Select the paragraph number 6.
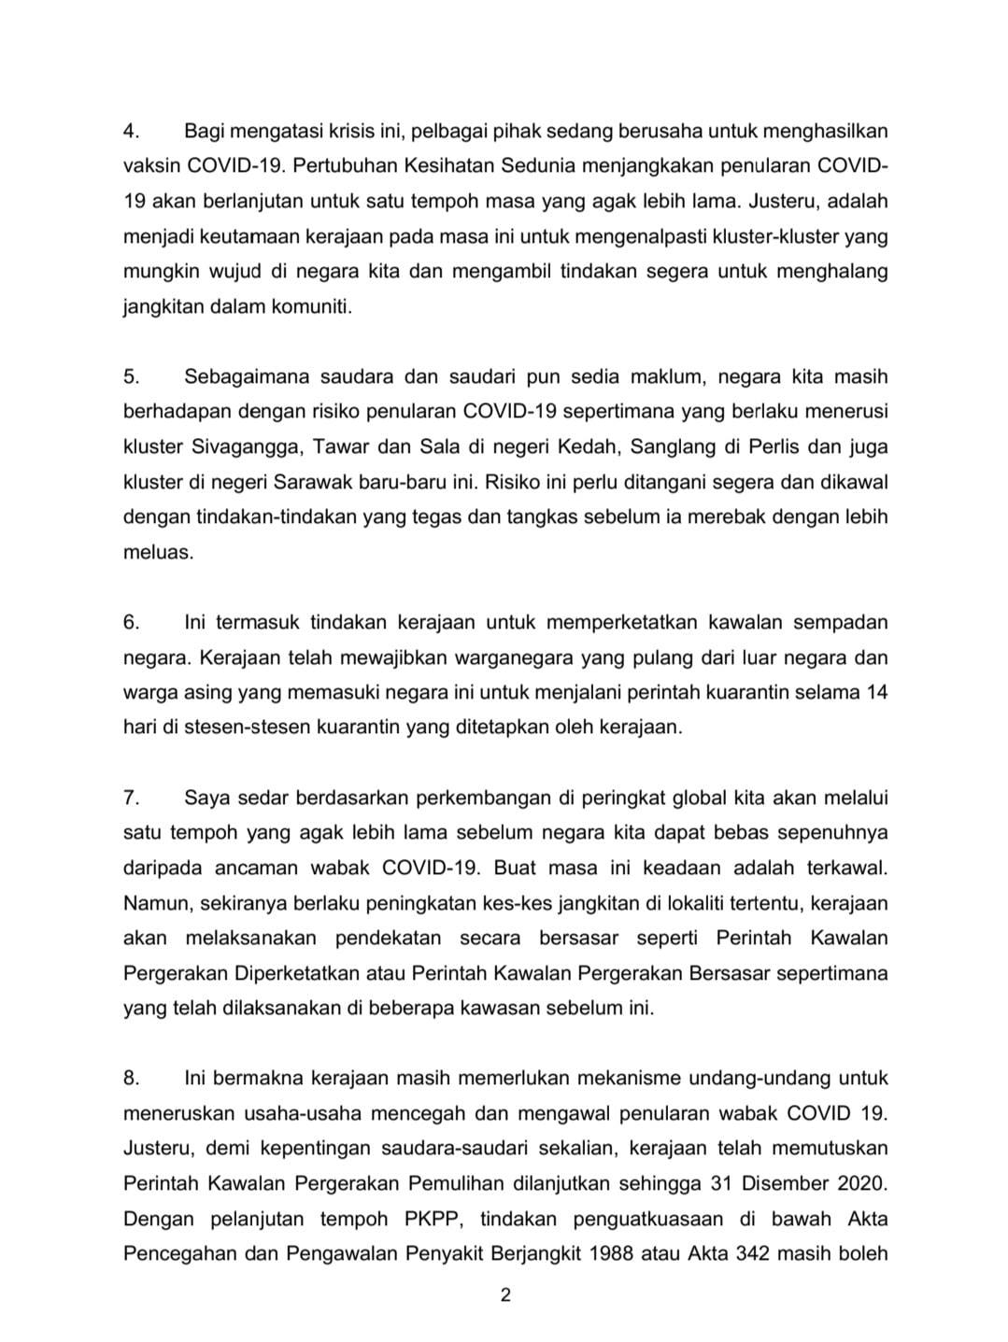131,622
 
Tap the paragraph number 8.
131,1078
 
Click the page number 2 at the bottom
504,1294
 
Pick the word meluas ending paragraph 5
158,552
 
